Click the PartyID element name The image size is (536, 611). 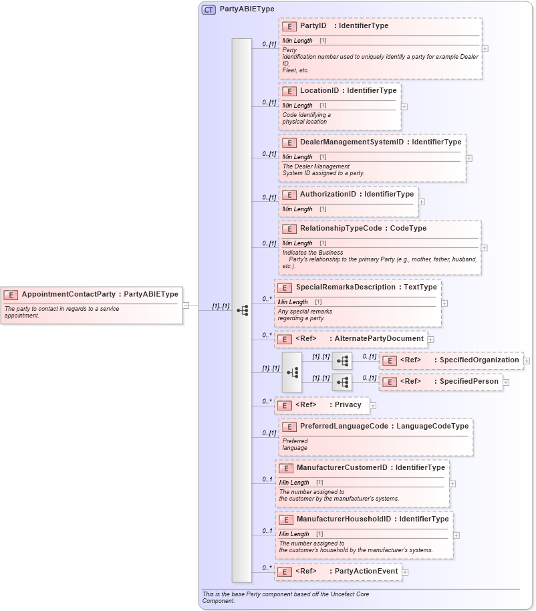tap(313, 26)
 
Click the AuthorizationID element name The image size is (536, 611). tap(327, 195)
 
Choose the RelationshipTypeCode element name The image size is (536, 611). tap(340, 229)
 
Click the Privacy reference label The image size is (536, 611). tap(348, 405)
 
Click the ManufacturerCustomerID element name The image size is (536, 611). tap(342, 468)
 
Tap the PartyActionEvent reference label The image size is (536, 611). tap(366, 572)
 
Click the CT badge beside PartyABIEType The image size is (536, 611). tap(209, 10)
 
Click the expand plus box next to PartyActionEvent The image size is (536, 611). tap(405, 572)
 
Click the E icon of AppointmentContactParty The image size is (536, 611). tap(11, 295)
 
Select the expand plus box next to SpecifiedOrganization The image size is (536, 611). tap(527, 361)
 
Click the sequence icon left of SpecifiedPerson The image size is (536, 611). tap(342, 382)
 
